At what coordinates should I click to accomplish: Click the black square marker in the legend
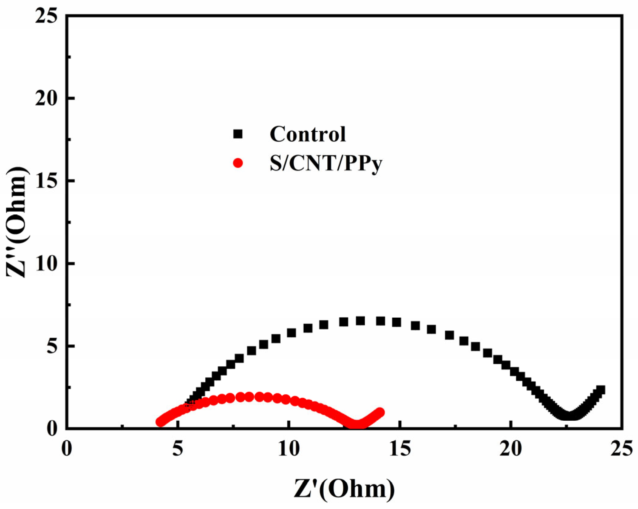coord(238,134)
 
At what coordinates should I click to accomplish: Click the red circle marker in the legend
coord(238,163)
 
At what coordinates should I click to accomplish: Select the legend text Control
coord(307,134)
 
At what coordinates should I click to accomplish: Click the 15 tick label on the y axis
coord(46,181)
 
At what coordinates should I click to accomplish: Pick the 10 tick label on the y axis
coord(46,264)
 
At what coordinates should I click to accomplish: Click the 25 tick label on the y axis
coord(46,16)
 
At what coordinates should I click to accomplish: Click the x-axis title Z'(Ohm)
coord(344,489)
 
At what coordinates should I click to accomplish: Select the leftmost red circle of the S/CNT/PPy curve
coord(160,422)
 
